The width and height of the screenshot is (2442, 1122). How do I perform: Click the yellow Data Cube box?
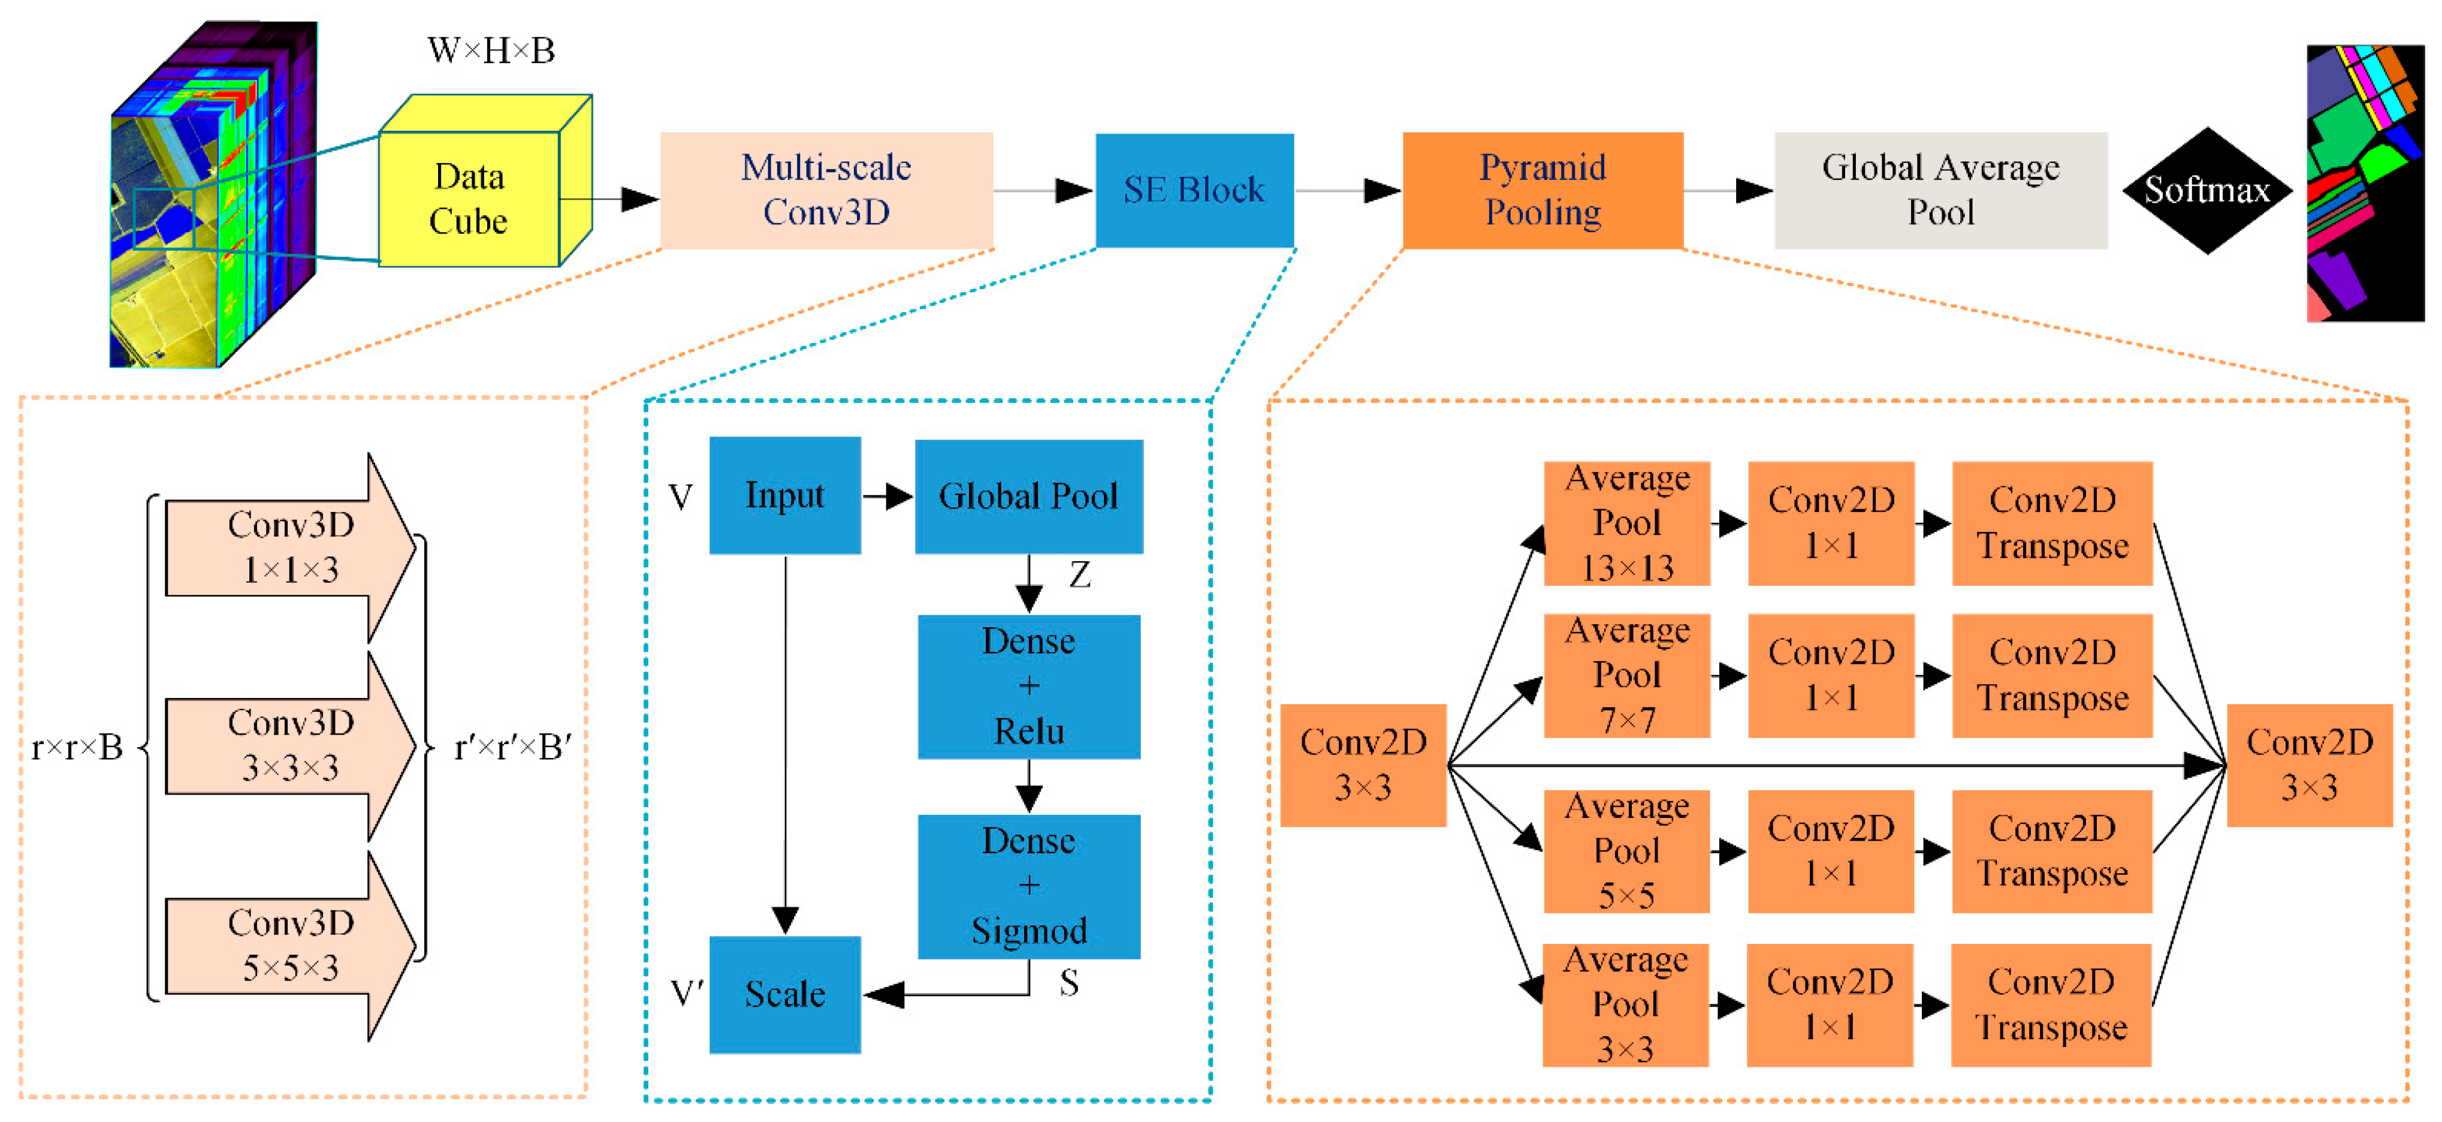[x=469, y=199]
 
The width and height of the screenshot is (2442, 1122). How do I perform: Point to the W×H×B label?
[x=491, y=50]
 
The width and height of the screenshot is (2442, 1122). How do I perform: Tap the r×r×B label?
[x=77, y=747]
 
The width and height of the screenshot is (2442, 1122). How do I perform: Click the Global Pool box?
[x=1028, y=496]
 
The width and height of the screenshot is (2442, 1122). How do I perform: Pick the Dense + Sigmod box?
[x=1028, y=886]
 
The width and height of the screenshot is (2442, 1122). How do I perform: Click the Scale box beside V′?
[x=785, y=994]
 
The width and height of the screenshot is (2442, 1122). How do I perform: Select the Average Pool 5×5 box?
[x=1627, y=851]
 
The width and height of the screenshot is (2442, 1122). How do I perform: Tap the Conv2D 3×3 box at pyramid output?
[x=2310, y=765]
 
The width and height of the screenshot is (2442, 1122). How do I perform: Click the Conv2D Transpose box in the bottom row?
[x=2051, y=1004]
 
